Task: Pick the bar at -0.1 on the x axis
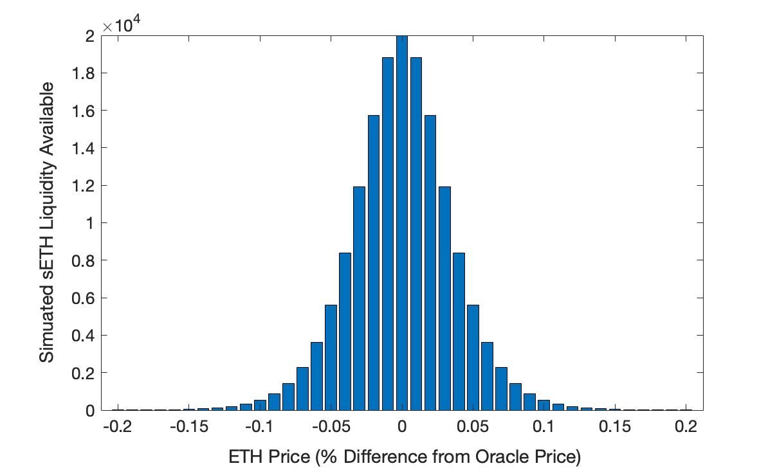pyautogui.click(x=260, y=406)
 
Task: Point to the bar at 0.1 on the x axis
pyautogui.click(x=544, y=406)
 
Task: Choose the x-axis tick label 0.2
pyautogui.click(x=686, y=426)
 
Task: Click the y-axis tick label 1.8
pyautogui.click(x=84, y=74)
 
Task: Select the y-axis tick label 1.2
pyautogui.click(x=84, y=186)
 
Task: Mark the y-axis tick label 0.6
pyautogui.click(x=84, y=298)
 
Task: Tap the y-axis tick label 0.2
pyautogui.click(x=84, y=373)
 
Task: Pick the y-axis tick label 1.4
pyautogui.click(x=84, y=148)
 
